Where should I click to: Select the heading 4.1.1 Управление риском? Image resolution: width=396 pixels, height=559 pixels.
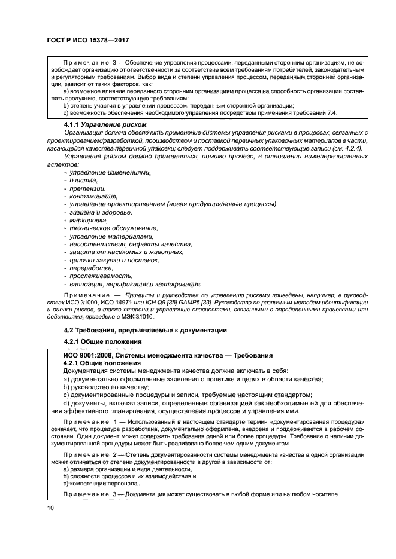104,124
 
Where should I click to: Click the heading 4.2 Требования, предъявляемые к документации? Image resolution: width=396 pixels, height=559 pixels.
145,330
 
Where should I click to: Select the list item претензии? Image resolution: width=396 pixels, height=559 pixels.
87,188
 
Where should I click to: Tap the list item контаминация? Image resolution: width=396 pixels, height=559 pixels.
93,196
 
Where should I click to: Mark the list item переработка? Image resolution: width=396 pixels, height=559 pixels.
91,268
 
